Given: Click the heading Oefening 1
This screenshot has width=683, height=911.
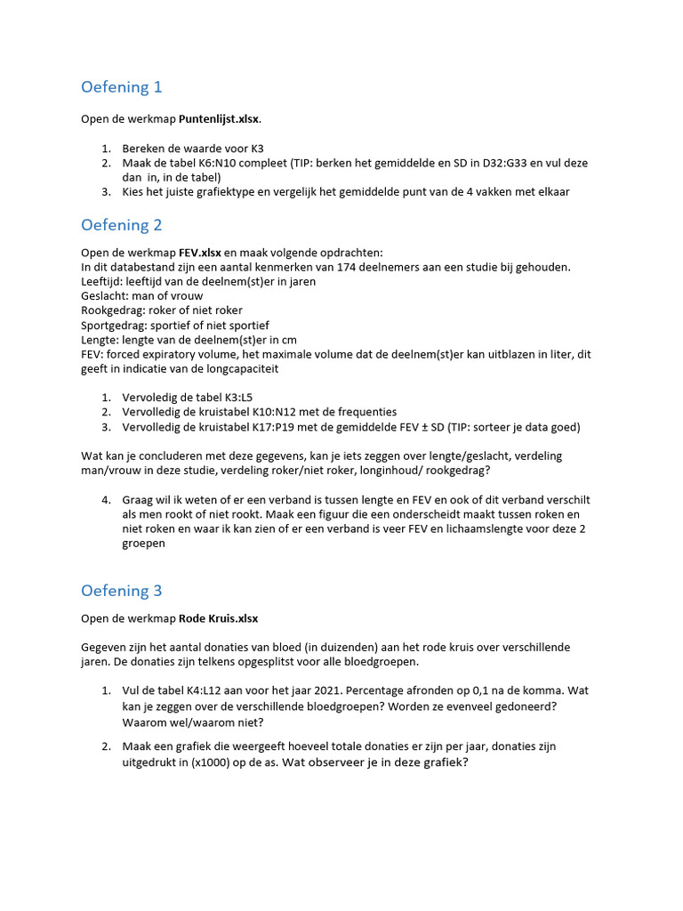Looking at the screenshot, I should [x=122, y=87].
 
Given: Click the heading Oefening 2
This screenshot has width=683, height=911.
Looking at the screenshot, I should [x=122, y=225].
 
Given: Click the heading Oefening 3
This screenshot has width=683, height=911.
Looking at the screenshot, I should [x=122, y=591].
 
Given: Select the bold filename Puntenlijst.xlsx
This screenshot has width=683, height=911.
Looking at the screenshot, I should [x=220, y=118].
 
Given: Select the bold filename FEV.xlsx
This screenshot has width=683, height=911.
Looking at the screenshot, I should [x=200, y=253].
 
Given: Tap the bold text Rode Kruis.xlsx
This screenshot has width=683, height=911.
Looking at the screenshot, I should [x=219, y=618].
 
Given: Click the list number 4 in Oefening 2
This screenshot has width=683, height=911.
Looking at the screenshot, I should [x=105, y=500].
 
